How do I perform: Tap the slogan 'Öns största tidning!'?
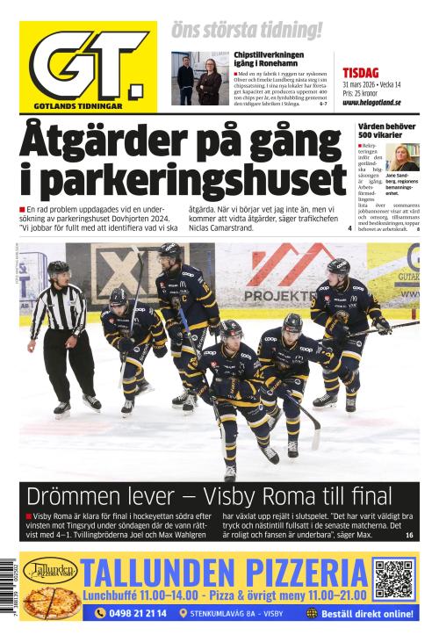click(247, 30)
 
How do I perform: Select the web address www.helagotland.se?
click(378, 103)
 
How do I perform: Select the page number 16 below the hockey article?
click(409, 535)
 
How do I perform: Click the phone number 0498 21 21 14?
click(131, 613)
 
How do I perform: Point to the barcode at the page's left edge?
click(9, 588)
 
